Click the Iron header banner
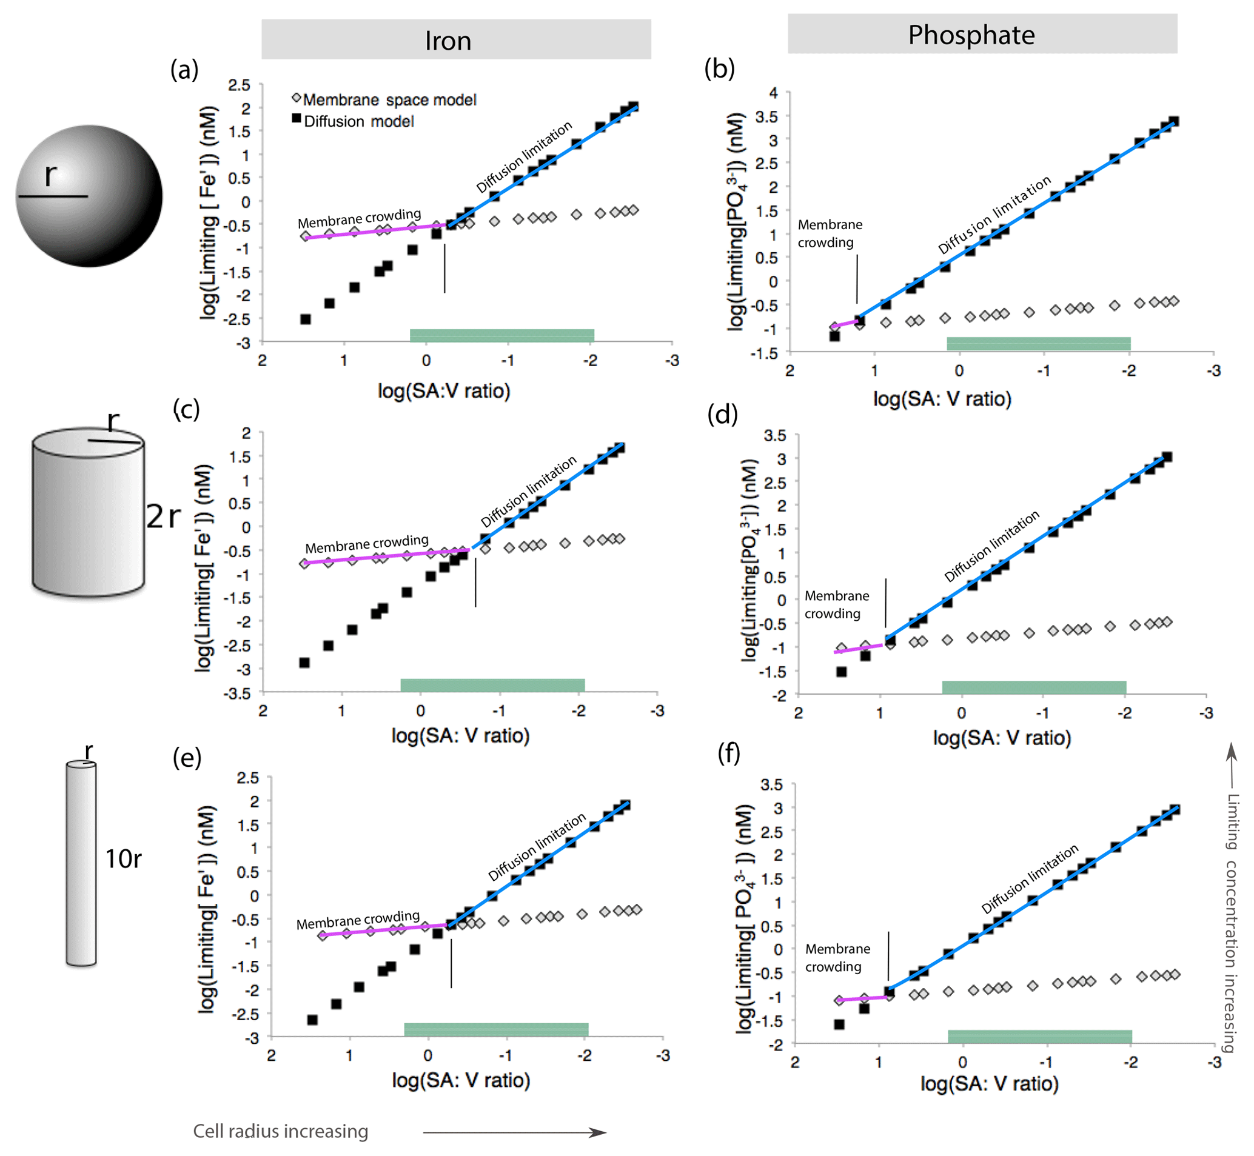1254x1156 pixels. coord(455,39)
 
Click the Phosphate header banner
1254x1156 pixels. coord(982,34)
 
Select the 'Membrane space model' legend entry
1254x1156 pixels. coord(389,99)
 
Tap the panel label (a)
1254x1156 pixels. coord(184,70)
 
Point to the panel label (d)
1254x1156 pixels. coord(722,413)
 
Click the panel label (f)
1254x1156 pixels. coord(729,753)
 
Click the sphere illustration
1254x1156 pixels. coord(89,196)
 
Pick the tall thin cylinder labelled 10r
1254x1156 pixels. coord(81,863)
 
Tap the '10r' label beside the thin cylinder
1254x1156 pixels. coord(122,859)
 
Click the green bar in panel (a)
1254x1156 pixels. coord(502,335)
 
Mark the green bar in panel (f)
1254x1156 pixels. coord(1039,1037)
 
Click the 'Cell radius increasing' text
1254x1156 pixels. coord(280,1131)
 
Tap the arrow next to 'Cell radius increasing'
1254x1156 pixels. coord(514,1132)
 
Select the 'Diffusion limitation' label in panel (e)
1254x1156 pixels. coord(537,846)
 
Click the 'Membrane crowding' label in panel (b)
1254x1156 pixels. coord(829,233)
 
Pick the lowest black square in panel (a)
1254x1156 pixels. coord(306,319)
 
